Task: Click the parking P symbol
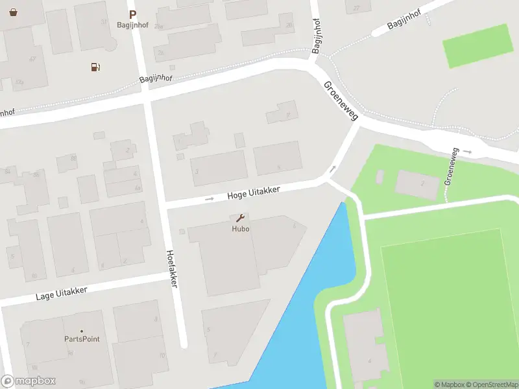[133, 14]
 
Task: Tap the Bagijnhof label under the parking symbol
[133, 25]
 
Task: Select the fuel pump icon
[95, 67]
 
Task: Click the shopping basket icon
[14, 12]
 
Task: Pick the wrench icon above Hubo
[240, 218]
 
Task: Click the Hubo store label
[241, 229]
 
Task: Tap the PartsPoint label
[82, 339]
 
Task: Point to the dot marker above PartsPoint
[82, 331]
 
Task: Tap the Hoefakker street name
[172, 268]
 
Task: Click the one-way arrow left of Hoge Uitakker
[210, 198]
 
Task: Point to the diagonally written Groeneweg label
[341, 100]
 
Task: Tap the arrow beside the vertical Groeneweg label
[468, 152]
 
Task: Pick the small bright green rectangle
[477, 45]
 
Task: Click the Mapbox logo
[29, 381]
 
